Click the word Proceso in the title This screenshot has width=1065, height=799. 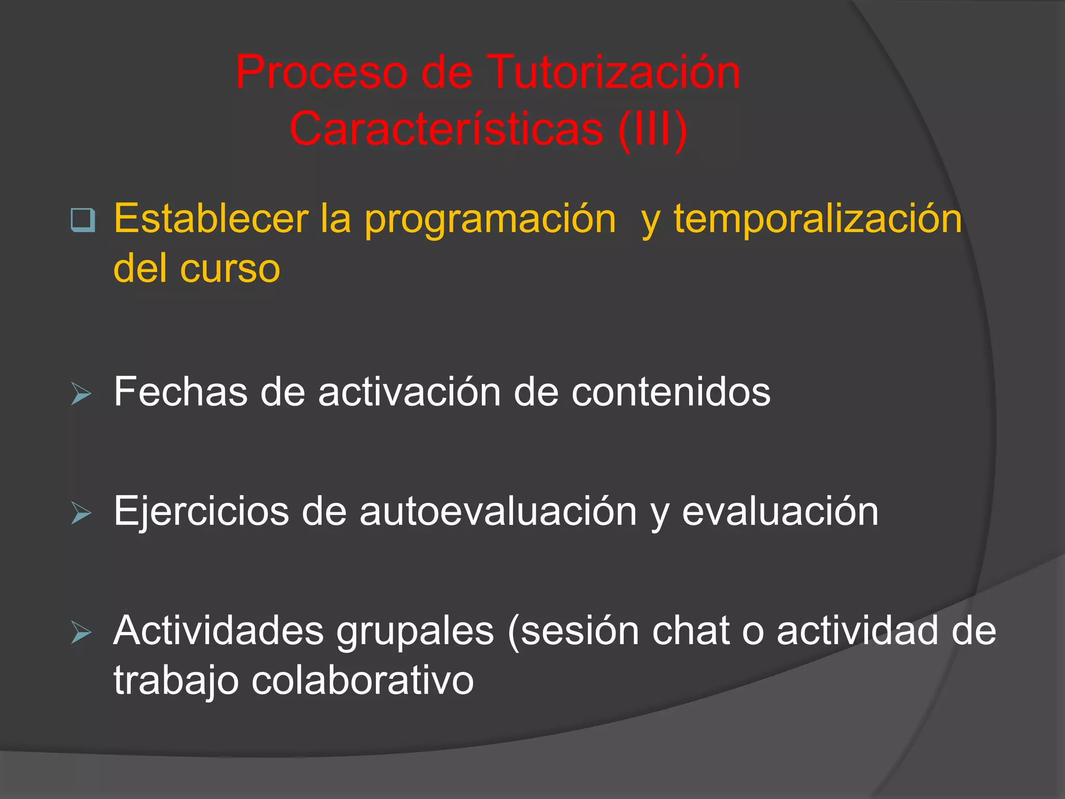321,73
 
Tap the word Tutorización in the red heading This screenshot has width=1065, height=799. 614,73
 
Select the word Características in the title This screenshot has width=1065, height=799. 446,129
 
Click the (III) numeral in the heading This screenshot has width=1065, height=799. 653,130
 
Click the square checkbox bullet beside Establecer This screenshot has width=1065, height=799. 83,220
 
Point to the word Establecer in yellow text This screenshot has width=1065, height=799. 211,218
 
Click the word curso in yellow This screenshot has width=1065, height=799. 230,269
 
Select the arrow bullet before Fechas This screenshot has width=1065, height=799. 81,394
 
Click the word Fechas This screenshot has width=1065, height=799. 180,392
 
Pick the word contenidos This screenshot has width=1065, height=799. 671,392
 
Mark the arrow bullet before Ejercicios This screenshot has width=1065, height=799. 81,513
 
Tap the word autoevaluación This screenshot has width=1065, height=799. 498,511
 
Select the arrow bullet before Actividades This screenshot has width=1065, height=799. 81,633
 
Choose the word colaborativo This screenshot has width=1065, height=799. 362,681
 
